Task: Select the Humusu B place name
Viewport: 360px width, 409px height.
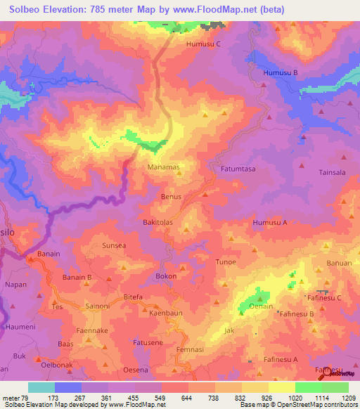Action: pyautogui.click(x=281, y=73)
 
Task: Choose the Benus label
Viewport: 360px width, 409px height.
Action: pyautogui.click(x=172, y=197)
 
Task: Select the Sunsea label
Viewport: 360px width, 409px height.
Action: pyautogui.click(x=115, y=246)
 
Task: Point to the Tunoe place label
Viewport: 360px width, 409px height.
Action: pyautogui.click(x=226, y=261)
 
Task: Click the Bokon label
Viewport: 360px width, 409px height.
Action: pyautogui.click(x=166, y=277)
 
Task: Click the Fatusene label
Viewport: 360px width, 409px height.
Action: pyautogui.click(x=148, y=342)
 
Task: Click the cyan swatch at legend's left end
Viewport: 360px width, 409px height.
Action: pyautogui.click(x=41, y=387)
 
